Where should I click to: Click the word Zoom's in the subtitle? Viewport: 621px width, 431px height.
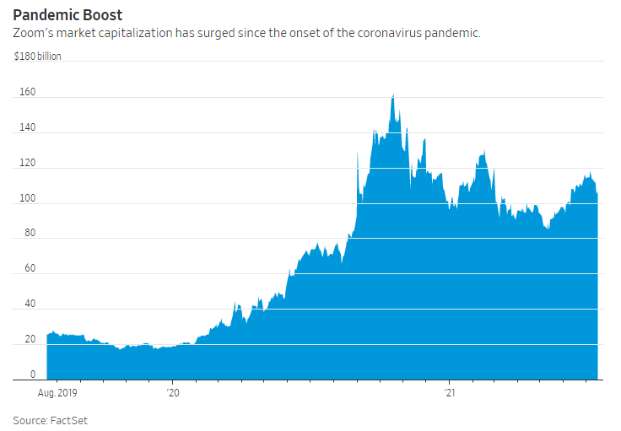(33, 33)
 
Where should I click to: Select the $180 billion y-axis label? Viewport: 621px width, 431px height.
(37, 57)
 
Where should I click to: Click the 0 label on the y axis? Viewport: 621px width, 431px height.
(32, 374)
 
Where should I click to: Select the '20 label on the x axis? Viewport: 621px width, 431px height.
(174, 392)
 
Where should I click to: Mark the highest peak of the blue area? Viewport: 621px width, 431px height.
(393, 96)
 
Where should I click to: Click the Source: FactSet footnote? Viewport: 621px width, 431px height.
(48, 419)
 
